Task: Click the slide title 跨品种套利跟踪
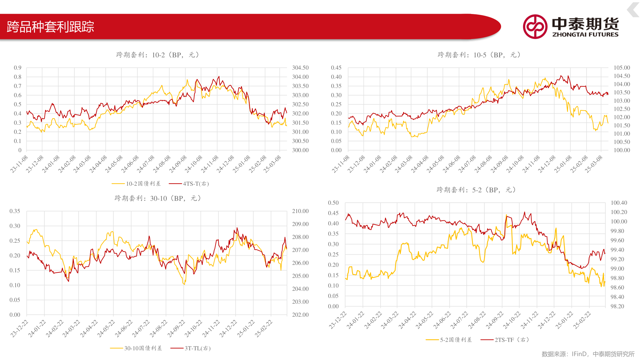point(50,27)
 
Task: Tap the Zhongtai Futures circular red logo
point(535,27)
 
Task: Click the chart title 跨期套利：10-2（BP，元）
point(158,55)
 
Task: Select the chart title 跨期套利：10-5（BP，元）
point(479,55)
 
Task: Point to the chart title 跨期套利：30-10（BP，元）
point(158,198)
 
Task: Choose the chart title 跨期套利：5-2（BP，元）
point(476,190)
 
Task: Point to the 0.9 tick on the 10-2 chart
point(18,68)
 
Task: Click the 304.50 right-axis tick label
point(300,68)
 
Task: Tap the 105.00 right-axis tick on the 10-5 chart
point(622,68)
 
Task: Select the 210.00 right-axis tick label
point(300,211)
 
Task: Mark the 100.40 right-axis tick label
point(619,203)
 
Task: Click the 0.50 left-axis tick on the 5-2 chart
point(333,203)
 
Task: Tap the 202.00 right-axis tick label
point(300,315)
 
